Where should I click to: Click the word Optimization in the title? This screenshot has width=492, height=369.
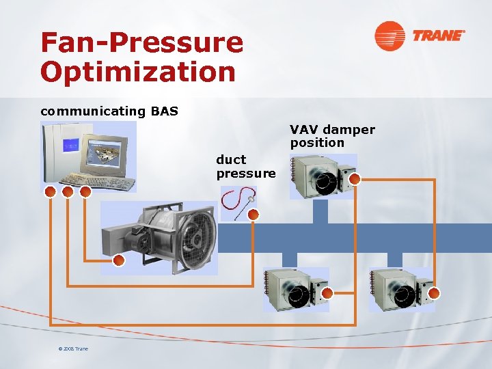(x=138, y=71)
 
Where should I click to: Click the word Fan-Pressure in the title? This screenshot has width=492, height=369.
(x=141, y=42)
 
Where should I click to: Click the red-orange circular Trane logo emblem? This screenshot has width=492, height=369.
(x=389, y=36)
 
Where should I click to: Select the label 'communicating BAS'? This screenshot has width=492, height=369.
(x=109, y=111)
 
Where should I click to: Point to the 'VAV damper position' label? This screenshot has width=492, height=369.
(x=332, y=136)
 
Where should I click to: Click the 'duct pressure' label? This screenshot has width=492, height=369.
(x=246, y=167)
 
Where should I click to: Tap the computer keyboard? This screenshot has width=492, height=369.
(x=95, y=181)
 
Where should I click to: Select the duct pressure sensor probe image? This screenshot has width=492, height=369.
(x=238, y=203)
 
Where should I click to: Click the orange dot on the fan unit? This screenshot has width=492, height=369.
(x=118, y=260)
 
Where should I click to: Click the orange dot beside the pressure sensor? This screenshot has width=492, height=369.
(x=253, y=215)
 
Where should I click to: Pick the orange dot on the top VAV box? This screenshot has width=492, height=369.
(x=354, y=179)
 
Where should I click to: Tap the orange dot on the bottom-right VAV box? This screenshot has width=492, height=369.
(x=434, y=292)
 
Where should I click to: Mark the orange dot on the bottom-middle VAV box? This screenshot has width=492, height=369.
(x=327, y=293)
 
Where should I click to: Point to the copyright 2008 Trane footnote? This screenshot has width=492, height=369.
(x=73, y=349)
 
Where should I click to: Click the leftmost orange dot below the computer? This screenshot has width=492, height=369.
(x=50, y=192)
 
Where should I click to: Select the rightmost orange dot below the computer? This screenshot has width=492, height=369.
(x=85, y=192)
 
